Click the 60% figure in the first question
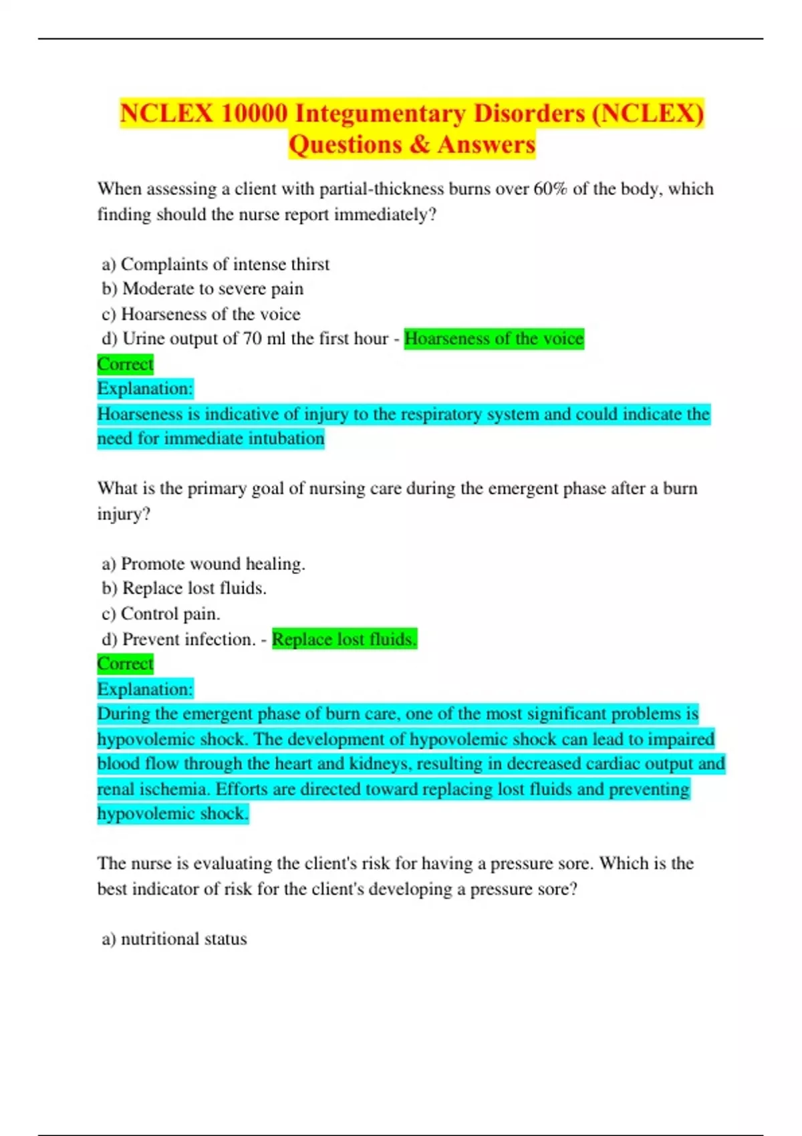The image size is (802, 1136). point(550,189)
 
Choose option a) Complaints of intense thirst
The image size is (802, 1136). point(215,265)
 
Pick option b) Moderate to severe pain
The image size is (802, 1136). point(203,289)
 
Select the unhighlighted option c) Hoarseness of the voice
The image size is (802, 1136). point(200,314)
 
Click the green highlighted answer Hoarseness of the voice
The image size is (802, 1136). point(494,339)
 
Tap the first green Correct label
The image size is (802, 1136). point(125,364)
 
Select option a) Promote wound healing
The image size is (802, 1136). point(203,564)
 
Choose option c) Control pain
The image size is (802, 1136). point(160,614)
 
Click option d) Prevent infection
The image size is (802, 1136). point(178,640)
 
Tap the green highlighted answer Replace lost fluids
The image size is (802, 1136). point(344,640)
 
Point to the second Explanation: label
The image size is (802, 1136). point(145,689)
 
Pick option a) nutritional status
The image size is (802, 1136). point(174,939)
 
